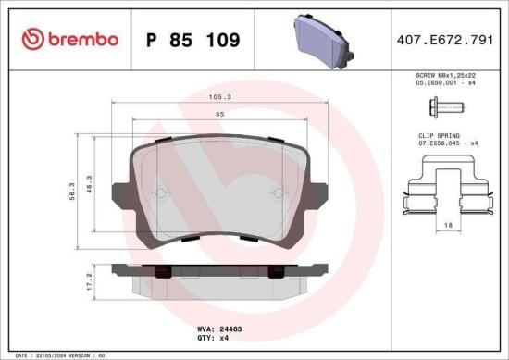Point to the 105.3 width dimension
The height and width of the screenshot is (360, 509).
pyautogui.click(x=219, y=94)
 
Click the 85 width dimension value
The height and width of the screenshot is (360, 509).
pyautogui.click(x=219, y=114)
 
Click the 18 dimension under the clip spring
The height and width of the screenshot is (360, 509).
pyautogui.click(x=447, y=225)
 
